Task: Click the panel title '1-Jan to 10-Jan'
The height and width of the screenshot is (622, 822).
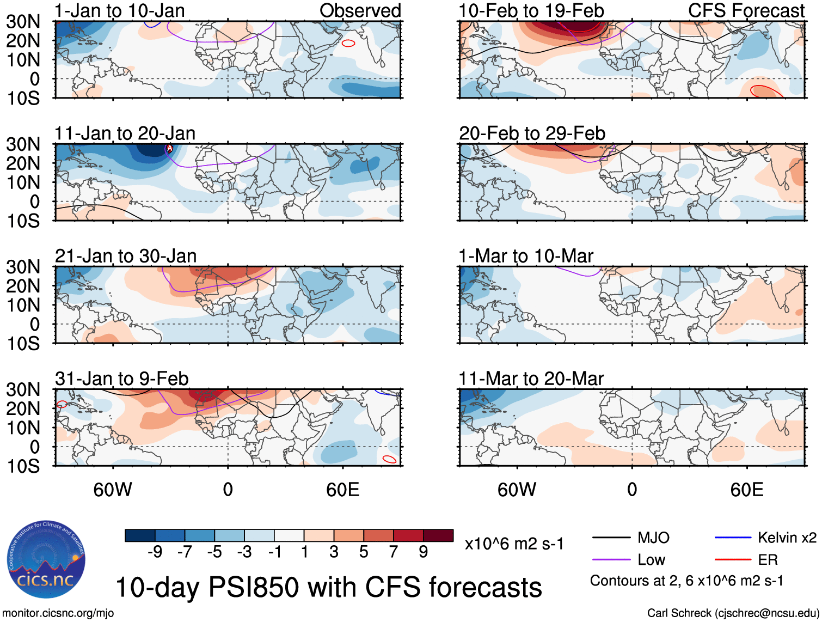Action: (120, 10)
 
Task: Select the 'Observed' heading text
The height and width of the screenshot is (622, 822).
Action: (360, 10)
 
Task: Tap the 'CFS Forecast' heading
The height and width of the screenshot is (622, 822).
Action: (746, 10)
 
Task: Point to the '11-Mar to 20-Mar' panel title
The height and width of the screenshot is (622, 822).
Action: (531, 379)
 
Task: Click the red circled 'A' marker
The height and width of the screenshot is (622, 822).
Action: (169, 148)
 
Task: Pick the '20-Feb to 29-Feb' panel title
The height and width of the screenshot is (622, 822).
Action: (532, 133)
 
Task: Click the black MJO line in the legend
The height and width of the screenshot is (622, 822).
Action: (611, 538)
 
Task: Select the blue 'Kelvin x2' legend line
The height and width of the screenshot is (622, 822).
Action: (733, 538)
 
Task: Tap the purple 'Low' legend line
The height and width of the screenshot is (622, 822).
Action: (611, 560)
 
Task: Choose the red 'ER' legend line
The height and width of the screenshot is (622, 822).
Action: (733, 560)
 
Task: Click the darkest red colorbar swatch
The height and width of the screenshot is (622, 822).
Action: (438, 535)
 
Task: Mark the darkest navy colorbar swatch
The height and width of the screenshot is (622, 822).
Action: (140, 535)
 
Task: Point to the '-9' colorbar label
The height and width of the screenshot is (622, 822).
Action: (155, 552)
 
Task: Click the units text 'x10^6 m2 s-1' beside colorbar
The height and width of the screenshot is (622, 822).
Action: (514, 544)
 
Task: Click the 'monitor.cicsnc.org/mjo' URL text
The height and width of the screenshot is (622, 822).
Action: (58, 613)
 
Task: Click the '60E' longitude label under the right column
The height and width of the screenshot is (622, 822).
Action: (746, 490)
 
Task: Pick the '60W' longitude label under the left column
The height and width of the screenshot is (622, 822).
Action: (113, 490)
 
